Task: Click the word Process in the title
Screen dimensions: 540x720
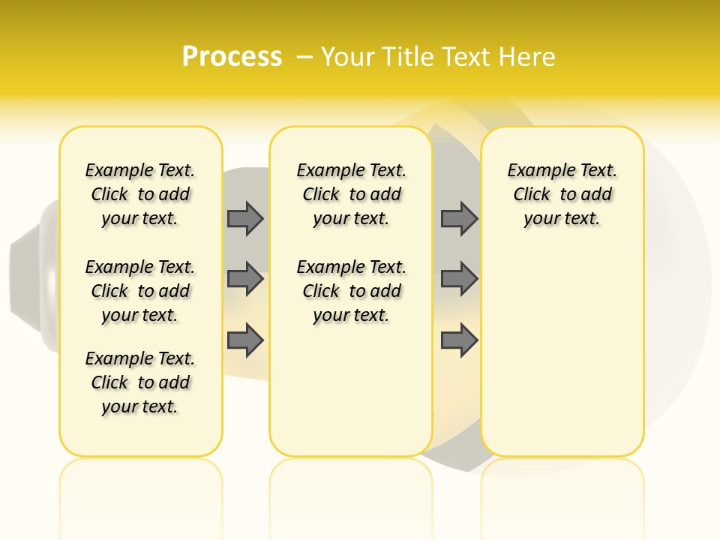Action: click(232, 57)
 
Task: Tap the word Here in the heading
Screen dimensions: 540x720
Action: click(529, 57)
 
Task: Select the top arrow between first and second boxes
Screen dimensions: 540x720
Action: click(245, 218)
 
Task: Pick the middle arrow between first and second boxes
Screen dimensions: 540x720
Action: click(245, 279)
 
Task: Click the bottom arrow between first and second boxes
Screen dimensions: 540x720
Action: click(245, 340)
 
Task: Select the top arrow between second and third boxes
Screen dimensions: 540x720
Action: click(459, 218)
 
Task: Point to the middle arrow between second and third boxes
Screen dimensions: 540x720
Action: click(459, 279)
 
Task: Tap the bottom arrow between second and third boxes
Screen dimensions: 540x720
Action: click(459, 340)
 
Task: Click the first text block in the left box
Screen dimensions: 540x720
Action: click(140, 194)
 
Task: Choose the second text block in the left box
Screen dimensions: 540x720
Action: click(140, 291)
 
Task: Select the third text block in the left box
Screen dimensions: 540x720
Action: click(140, 382)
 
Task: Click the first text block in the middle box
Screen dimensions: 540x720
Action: click(352, 194)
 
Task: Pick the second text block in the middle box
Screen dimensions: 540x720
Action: click(352, 291)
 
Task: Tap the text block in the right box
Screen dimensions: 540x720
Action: click(562, 194)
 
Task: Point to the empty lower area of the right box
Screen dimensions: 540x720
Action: click(562, 352)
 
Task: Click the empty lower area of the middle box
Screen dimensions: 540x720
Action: click(351, 390)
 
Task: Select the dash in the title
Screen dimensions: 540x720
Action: click(304, 57)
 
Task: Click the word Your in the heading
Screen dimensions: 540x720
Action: click(348, 57)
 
